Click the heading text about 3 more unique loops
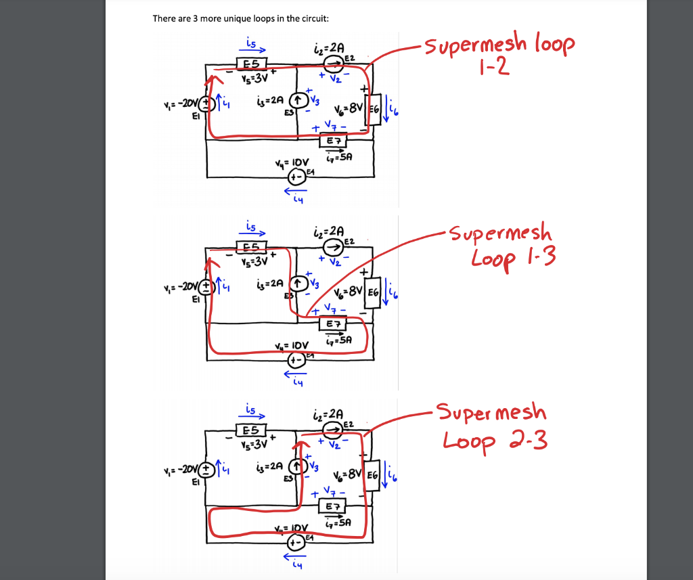click(240, 18)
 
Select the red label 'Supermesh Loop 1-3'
click(504, 244)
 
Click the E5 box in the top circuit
click(251, 64)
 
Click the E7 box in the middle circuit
click(333, 325)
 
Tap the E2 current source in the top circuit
click(332, 64)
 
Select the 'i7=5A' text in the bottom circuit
click(338, 522)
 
